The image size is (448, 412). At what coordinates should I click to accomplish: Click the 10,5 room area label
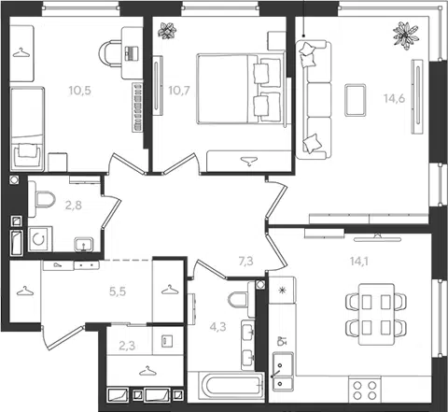(79, 91)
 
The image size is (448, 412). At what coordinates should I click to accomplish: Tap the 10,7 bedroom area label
(179, 91)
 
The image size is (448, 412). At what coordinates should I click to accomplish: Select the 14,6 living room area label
(394, 98)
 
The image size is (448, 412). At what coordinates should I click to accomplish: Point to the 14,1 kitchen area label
(358, 262)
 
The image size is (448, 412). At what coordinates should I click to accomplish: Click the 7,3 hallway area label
(245, 262)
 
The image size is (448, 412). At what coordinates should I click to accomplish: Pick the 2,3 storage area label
(127, 346)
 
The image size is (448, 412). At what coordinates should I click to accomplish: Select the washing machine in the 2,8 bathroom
(40, 239)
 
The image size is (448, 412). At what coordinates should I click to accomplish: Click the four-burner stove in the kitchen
(365, 391)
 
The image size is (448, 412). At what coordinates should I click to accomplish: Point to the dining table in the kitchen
(376, 314)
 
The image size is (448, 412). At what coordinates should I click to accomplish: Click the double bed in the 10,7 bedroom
(241, 89)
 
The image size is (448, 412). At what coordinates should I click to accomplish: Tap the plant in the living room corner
(405, 36)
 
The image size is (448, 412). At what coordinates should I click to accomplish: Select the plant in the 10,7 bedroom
(167, 31)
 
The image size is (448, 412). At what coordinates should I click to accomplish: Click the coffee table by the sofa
(355, 100)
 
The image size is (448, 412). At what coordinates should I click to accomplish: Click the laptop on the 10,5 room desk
(132, 53)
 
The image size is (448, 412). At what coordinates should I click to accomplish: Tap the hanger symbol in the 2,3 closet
(148, 371)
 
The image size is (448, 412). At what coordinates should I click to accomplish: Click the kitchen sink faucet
(276, 373)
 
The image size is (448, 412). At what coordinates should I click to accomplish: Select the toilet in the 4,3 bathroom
(241, 299)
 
